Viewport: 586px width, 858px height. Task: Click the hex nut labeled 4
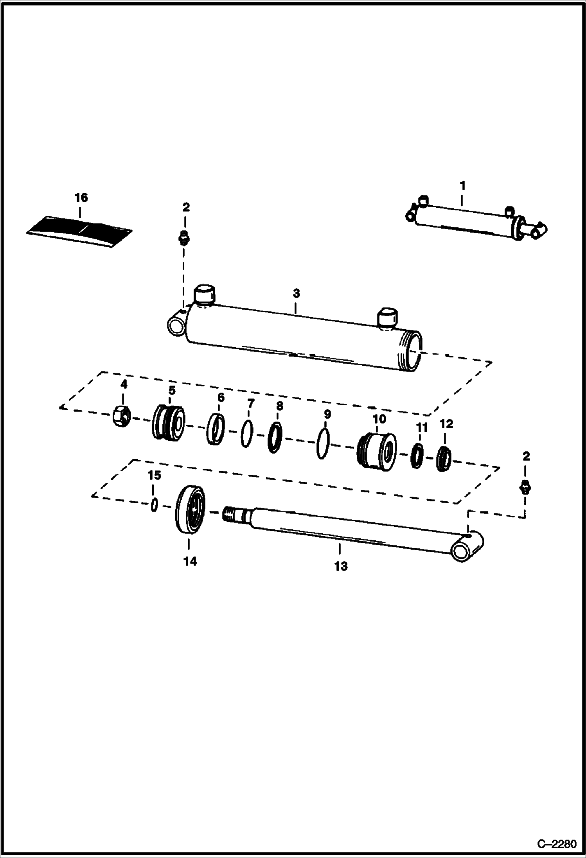(x=122, y=417)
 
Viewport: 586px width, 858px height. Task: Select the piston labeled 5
(x=168, y=422)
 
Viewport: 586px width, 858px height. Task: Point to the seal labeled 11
(x=417, y=456)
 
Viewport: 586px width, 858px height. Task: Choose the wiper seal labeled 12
(x=444, y=459)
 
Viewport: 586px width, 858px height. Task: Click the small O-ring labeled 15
(x=154, y=504)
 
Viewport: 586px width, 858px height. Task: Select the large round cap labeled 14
(x=190, y=510)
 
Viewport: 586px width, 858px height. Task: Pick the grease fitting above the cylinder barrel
(x=183, y=238)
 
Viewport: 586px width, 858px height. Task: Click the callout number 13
(x=341, y=566)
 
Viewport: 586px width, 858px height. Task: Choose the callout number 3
(x=296, y=293)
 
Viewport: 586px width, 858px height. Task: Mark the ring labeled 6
(x=216, y=429)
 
